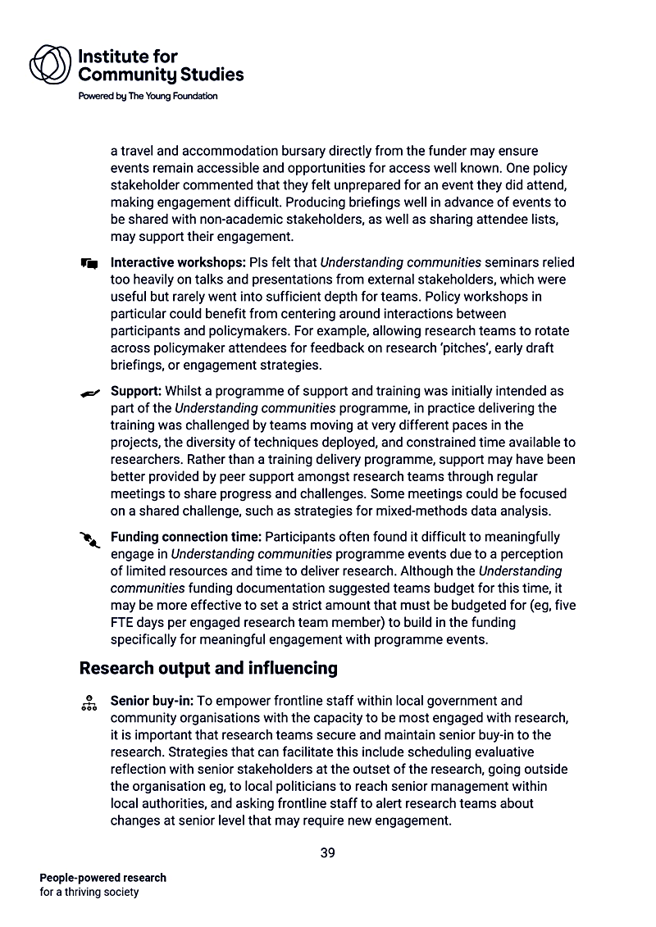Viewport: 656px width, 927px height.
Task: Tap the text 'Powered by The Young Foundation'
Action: pyautogui.click(x=148, y=96)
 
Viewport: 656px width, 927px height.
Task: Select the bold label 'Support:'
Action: pyautogui.click(x=135, y=392)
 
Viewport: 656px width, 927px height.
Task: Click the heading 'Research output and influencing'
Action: pyautogui.click(x=208, y=668)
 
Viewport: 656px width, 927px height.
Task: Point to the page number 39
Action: pyautogui.click(x=327, y=852)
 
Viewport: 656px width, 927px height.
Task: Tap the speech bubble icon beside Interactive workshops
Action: pyautogui.click(x=90, y=264)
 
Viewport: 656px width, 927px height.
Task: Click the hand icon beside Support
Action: pyautogui.click(x=90, y=393)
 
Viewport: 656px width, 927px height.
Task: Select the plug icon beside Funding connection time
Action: pyautogui.click(x=89, y=538)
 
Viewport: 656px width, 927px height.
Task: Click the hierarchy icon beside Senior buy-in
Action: pyautogui.click(x=89, y=702)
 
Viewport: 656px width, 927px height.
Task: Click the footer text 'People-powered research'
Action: pyautogui.click(x=102, y=878)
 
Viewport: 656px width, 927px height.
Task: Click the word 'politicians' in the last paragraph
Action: pyautogui.click(x=289, y=787)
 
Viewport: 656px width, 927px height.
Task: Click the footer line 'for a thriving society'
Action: pyautogui.click(x=89, y=892)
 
